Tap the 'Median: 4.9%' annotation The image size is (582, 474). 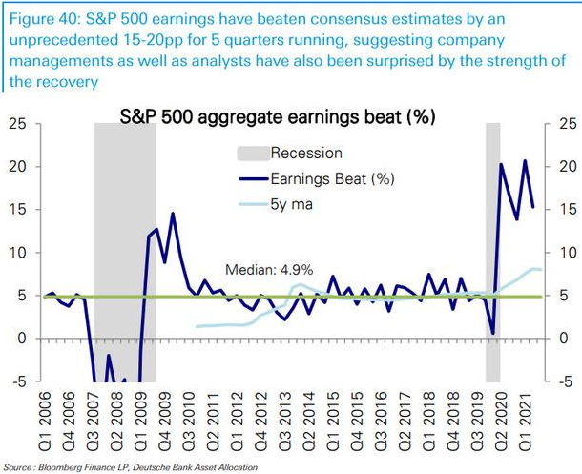pos(269,269)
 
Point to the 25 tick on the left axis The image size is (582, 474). pos(18,124)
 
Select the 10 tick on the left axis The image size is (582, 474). pos(18,253)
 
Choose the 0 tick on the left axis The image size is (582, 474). pos(22,339)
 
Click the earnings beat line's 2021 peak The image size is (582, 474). pos(524,160)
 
